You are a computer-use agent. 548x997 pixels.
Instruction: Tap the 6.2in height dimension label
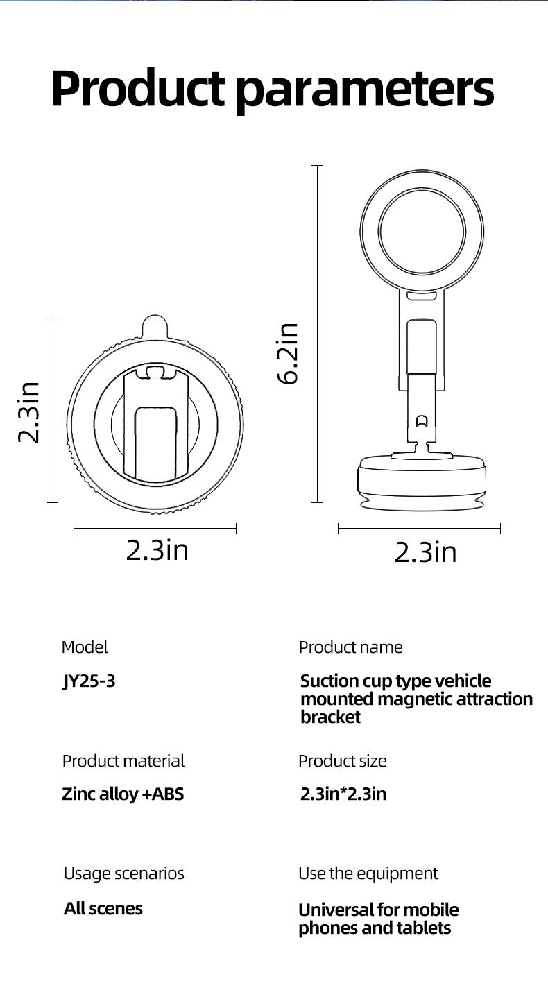pos(287,352)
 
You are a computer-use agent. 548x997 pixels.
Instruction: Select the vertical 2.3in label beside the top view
pos(29,412)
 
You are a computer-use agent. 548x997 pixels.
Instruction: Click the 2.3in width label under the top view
pos(157,550)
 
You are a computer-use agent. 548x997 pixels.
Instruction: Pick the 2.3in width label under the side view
pos(425,552)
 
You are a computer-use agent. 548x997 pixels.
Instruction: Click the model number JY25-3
pos(89,681)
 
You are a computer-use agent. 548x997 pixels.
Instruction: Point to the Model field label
pos(85,647)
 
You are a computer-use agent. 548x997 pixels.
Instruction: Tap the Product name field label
pos(350,647)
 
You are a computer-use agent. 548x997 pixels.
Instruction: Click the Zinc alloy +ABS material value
pos(123,794)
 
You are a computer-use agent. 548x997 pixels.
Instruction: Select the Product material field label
pos(123,761)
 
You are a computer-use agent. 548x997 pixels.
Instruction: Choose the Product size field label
pos(342,761)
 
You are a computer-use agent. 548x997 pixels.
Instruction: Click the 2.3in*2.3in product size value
pos(343,794)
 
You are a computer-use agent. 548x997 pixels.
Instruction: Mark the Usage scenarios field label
pos(123,874)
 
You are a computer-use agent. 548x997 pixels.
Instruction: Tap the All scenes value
pos(103,909)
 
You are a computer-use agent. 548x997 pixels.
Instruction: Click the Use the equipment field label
pos(368,874)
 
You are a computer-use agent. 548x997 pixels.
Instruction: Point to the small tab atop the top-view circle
pos(155,326)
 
